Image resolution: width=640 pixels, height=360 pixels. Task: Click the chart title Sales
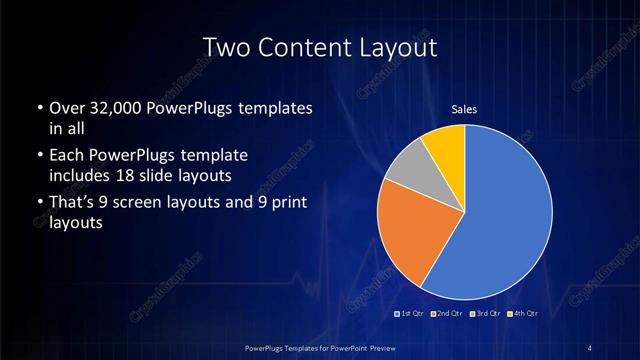pos(464,109)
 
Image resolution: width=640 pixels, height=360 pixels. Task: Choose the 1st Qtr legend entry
pos(412,315)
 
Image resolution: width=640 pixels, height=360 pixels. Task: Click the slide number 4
pos(589,347)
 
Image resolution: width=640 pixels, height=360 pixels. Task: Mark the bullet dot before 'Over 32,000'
pos(38,108)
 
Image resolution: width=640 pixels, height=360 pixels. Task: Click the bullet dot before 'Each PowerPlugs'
pos(38,157)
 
